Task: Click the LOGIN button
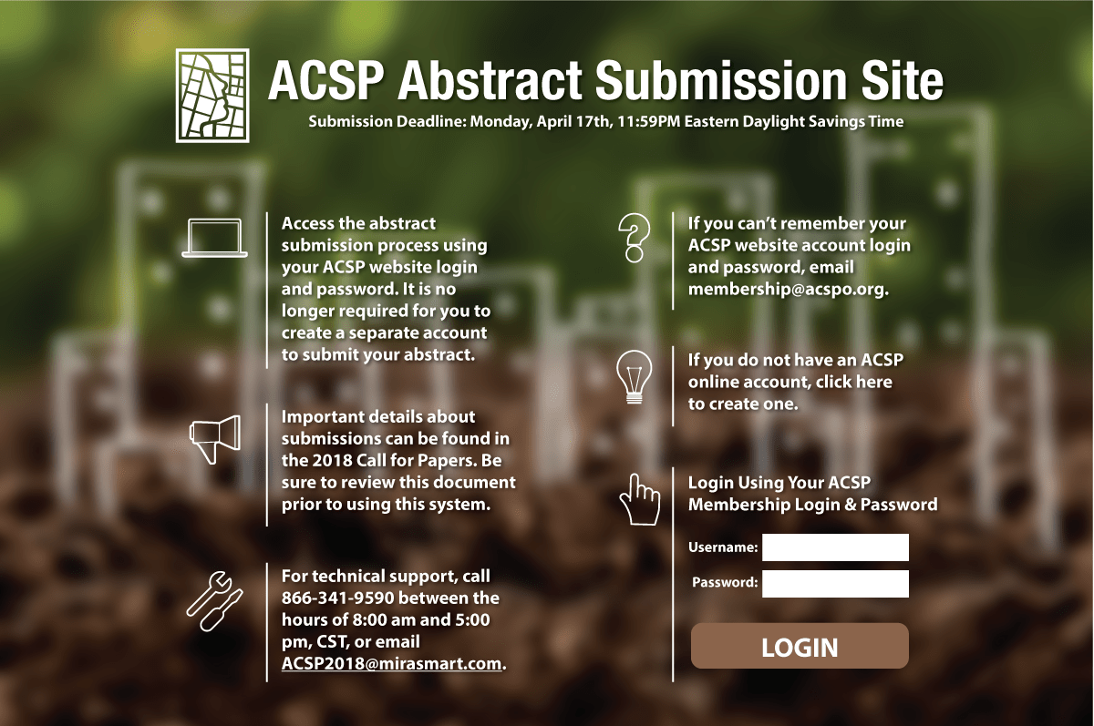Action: tap(800, 646)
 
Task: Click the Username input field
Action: tap(835, 547)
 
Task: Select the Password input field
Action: tap(835, 584)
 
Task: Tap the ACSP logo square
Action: tap(212, 96)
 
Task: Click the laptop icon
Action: tap(214, 238)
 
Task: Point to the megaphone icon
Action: tap(215, 439)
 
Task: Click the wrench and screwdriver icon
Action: tap(215, 600)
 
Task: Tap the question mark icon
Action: tap(635, 238)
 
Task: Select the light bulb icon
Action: tap(635, 377)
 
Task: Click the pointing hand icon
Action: tap(640, 499)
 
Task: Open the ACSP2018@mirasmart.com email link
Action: tap(392, 663)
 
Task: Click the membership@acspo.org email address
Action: tap(788, 289)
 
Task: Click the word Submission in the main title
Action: tap(721, 80)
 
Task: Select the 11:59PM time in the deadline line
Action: tap(648, 121)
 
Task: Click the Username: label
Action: tap(723, 547)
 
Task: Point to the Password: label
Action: tap(725, 583)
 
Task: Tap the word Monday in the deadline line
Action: tap(501, 121)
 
